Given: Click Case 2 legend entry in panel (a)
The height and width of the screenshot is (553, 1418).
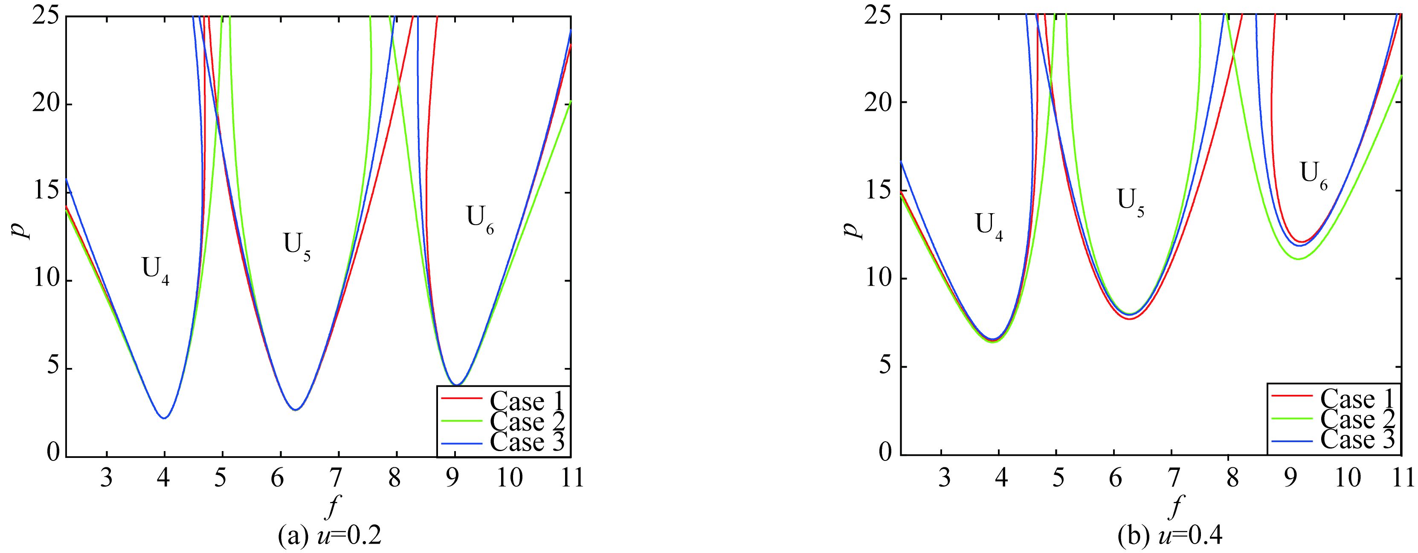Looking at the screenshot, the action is pyautogui.click(x=502, y=422).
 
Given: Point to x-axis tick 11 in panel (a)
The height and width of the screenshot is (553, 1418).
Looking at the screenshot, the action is pyautogui.click(x=571, y=478).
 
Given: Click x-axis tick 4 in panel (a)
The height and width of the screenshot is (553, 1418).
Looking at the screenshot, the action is pyautogui.click(x=163, y=478).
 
